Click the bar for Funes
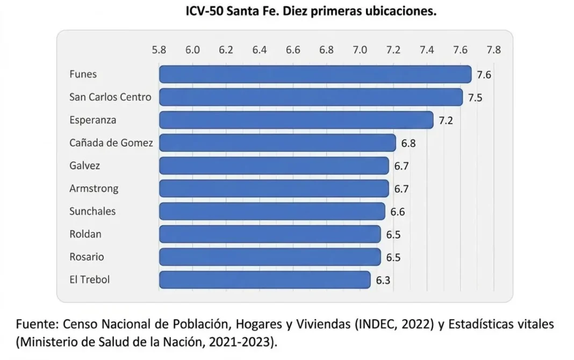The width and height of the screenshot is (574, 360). pyautogui.click(x=315, y=74)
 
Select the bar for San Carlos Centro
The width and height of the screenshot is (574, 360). pyautogui.click(x=311, y=97)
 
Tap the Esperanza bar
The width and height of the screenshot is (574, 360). pyautogui.click(x=296, y=120)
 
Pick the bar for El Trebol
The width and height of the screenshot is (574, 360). pyautogui.click(x=264, y=280)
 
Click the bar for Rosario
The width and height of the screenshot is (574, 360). pyautogui.click(x=270, y=257)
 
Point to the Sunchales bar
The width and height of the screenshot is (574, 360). pyautogui.click(x=272, y=211)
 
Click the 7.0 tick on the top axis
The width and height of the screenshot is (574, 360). pyautogui.click(x=360, y=50)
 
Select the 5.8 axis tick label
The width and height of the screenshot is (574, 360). pyautogui.click(x=159, y=50)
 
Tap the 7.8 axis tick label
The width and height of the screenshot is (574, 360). pyautogui.click(x=493, y=50)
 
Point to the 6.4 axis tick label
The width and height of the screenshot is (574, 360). pyautogui.click(x=260, y=50)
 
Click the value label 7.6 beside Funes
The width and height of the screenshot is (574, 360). pyautogui.click(x=484, y=75)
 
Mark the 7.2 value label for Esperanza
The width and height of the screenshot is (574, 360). pyautogui.click(x=446, y=121)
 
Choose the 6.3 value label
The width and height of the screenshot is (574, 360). pyautogui.click(x=383, y=280)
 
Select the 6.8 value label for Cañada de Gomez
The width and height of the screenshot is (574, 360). pyautogui.click(x=408, y=143)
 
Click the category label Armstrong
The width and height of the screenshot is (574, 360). pyautogui.click(x=94, y=189)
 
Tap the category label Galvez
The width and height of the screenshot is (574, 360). pyautogui.click(x=84, y=165)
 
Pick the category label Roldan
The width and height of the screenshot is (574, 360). pyautogui.click(x=85, y=234)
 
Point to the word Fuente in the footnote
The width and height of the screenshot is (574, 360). pyautogui.click(x=37, y=324)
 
